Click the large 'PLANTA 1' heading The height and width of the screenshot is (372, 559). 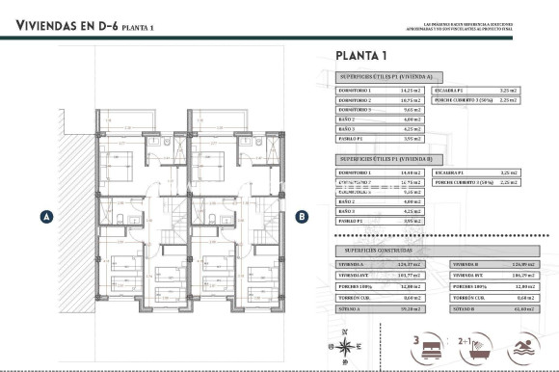(360, 55)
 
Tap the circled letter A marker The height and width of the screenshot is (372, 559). (45, 217)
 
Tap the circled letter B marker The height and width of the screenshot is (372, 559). (301, 217)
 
